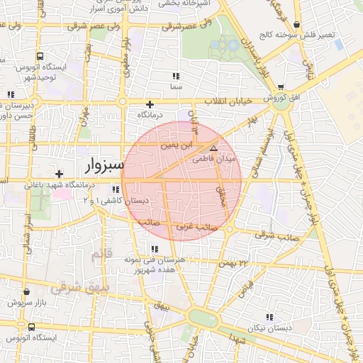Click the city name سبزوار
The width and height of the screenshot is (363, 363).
point(104,166)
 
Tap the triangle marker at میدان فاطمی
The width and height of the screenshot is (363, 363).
point(214,148)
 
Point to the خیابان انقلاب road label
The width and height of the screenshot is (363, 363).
point(228,101)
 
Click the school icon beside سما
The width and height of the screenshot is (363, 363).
point(175,76)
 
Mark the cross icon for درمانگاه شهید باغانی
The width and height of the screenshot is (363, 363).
point(59,174)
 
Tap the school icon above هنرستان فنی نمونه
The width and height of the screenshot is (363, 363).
point(154,249)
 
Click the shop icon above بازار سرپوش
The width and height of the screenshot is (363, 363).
point(26,291)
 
